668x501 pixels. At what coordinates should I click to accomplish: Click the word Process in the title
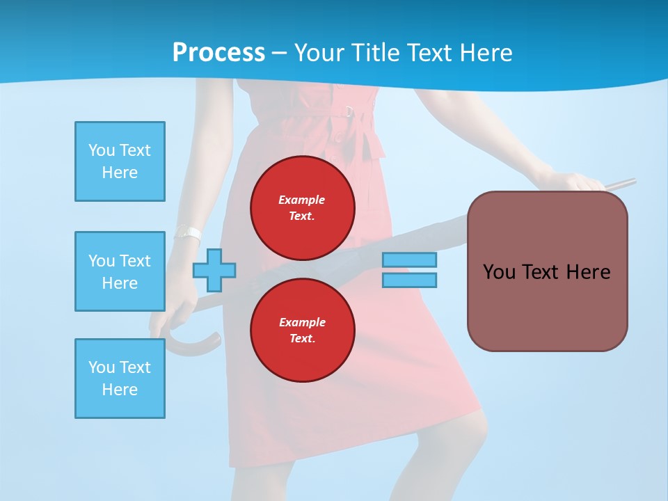tap(218, 52)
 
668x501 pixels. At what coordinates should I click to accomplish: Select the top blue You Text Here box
tap(120, 161)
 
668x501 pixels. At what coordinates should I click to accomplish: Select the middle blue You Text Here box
tap(120, 271)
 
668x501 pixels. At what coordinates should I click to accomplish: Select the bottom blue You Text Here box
tap(120, 378)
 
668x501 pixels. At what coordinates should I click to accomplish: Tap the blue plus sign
tap(214, 270)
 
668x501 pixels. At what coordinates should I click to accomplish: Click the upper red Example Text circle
tap(303, 208)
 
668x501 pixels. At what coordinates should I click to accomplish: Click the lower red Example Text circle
tap(303, 331)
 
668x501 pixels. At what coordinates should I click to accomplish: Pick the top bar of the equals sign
tap(409, 260)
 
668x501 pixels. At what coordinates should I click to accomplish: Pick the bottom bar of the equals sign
tap(409, 280)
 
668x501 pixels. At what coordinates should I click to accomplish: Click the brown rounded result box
tap(548, 306)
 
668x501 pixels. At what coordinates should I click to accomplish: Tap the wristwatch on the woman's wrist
tap(188, 233)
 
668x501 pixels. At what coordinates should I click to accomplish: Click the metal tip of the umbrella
tap(623, 184)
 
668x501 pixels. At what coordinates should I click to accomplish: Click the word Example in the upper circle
tap(302, 200)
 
